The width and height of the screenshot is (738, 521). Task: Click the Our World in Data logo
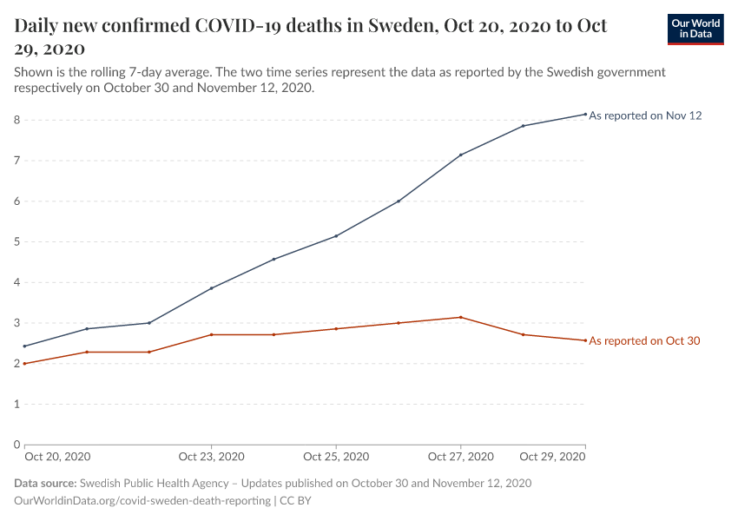[x=695, y=30]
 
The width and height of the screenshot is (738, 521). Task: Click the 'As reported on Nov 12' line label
[x=645, y=115]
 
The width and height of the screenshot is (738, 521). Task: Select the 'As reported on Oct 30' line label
[x=644, y=341]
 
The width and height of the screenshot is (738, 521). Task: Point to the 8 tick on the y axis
[x=16, y=120]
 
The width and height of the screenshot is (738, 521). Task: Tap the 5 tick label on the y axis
[x=16, y=241]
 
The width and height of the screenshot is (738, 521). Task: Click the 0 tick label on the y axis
[x=16, y=445]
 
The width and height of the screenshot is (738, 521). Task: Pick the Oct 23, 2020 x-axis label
[x=211, y=457]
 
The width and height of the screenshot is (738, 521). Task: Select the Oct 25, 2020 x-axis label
[x=336, y=457]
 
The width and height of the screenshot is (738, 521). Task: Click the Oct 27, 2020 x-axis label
[x=461, y=457]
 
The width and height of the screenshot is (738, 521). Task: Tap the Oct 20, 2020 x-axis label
[x=57, y=457]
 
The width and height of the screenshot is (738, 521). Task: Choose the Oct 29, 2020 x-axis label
[x=552, y=457]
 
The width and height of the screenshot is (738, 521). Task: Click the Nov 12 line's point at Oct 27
[x=461, y=155]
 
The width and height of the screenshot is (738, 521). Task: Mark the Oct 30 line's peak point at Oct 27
[x=461, y=317]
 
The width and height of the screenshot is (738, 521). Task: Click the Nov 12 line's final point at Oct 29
[x=585, y=114]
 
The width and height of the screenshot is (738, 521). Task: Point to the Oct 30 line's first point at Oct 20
[x=24, y=363]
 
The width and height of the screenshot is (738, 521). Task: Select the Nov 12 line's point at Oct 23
[x=211, y=288]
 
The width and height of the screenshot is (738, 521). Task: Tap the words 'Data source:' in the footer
[x=45, y=483]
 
